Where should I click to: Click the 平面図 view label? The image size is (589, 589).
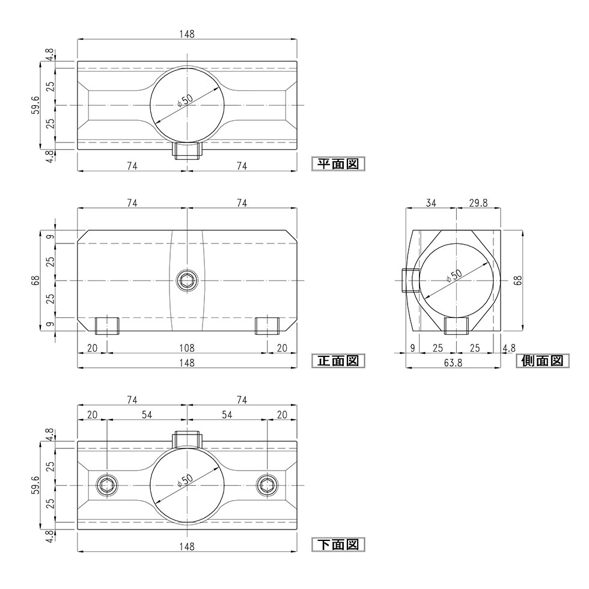pyautogui.click(x=338, y=163)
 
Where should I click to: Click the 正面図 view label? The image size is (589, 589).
pyautogui.click(x=338, y=361)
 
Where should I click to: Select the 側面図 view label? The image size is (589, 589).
pyautogui.click(x=542, y=361)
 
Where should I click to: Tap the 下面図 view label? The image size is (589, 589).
pyautogui.click(x=338, y=545)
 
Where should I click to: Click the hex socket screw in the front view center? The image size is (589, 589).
pyautogui.click(x=187, y=281)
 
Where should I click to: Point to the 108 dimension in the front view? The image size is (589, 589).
pyautogui.click(x=187, y=348)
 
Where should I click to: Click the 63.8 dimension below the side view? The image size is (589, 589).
pyautogui.click(x=454, y=362)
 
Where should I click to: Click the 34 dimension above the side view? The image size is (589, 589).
pyautogui.click(x=431, y=204)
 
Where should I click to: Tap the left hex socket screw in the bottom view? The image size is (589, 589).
pyautogui.click(x=107, y=486)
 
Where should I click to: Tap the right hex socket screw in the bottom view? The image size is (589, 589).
pyautogui.click(x=267, y=486)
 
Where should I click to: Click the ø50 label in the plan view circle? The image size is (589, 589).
pyautogui.click(x=185, y=100)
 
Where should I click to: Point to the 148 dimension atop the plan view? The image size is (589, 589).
pyautogui.click(x=187, y=34)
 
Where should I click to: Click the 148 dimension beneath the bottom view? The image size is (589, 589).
pyautogui.click(x=187, y=546)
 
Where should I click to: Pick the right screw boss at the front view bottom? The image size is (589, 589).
pyautogui.click(x=267, y=325)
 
